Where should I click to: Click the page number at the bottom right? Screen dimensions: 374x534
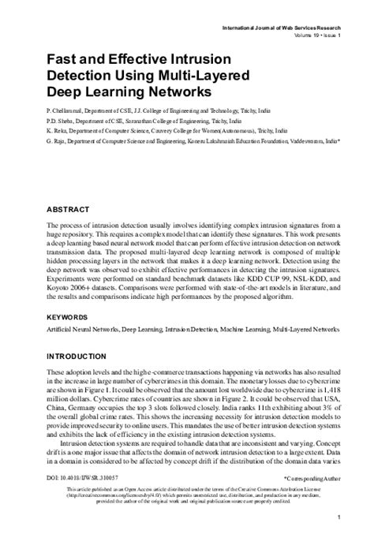point(338,517)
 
